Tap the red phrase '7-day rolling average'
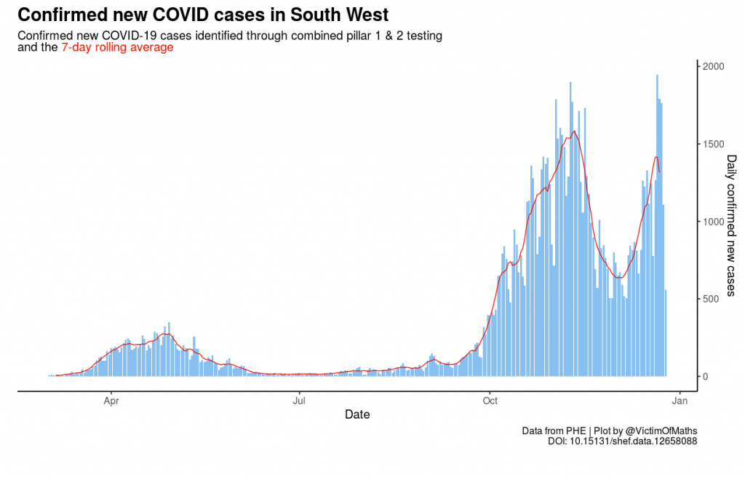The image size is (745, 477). pyautogui.click(x=117, y=47)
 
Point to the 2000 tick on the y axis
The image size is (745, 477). pyautogui.click(x=713, y=66)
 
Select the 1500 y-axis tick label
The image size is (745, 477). pyautogui.click(x=713, y=144)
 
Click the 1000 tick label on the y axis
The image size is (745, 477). pyautogui.click(x=713, y=221)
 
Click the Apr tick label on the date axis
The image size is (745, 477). pyautogui.click(x=111, y=399)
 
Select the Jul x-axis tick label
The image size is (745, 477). pyautogui.click(x=298, y=399)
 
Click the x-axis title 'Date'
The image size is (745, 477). pyautogui.click(x=357, y=414)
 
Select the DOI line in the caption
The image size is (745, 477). pyautogui.click(x=622, y=441)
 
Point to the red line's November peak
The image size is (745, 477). pyautogui.click(x=574, y=132)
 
